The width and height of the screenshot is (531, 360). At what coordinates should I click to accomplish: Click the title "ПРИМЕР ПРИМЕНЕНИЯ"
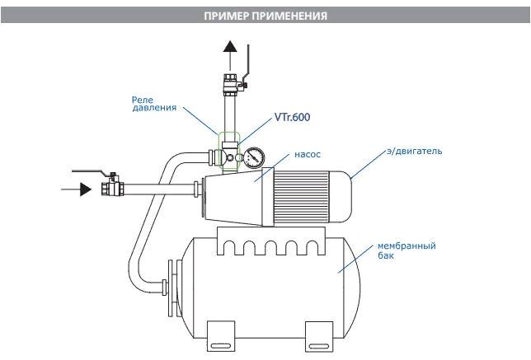point(265,16)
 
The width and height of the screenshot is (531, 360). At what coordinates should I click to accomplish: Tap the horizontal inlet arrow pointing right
point(76,189)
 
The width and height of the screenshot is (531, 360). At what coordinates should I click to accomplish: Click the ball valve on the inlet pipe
point(110,187)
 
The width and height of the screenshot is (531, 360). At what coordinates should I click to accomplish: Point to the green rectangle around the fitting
point(228,151)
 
